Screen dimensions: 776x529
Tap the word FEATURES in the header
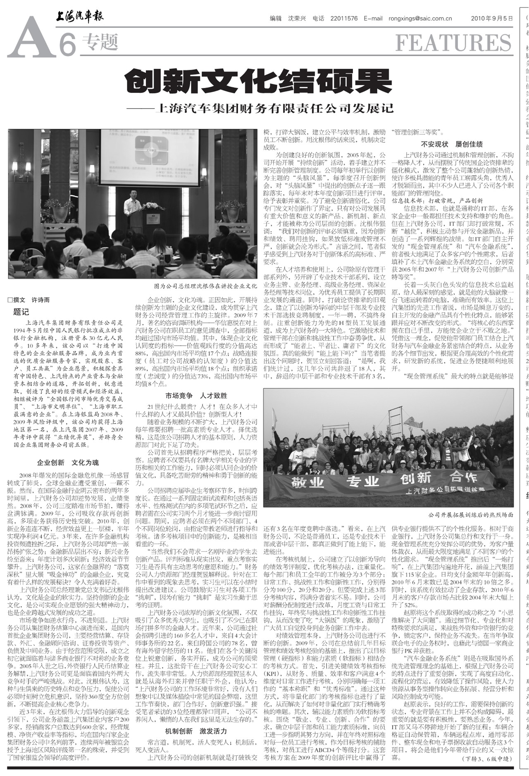click(453, 43)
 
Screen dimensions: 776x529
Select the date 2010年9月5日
click(492, 19)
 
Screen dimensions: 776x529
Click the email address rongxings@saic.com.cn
click(420, 19)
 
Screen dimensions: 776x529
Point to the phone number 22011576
click(344, 19)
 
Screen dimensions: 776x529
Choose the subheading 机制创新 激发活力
click(196, 731)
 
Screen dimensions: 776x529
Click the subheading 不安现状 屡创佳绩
click(452, 145)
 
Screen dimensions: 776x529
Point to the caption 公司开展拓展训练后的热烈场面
click(470, 515)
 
